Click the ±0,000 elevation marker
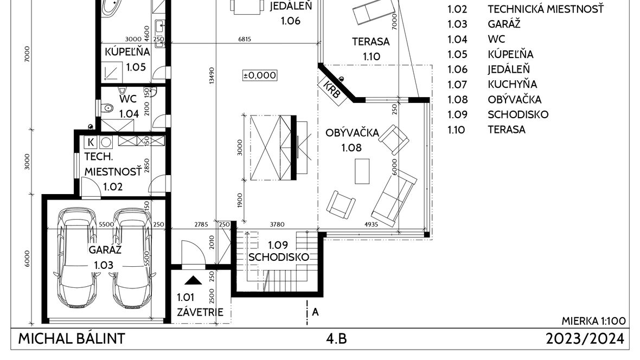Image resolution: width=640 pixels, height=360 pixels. coord(260,75)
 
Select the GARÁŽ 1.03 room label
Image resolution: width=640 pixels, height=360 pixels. coord(104,257)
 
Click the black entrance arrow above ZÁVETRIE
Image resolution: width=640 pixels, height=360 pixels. coord(193,280)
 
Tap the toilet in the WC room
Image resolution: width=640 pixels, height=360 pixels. coord(107,108)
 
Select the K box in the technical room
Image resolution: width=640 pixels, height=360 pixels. coord(91,142)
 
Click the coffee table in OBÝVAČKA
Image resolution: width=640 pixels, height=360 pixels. coord(362,171)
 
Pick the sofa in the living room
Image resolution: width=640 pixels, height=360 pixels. coord(394,198)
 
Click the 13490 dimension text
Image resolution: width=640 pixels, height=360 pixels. coord(212,75)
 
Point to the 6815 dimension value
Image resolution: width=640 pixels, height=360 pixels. coord(245,39)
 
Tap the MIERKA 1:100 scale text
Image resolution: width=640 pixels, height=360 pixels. coord(593,321)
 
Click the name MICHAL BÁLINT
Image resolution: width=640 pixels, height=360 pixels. coord(72,339)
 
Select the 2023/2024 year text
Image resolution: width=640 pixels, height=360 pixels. coord(585,339)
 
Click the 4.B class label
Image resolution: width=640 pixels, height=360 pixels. coord(336,339)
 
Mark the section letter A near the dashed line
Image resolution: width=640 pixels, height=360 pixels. coord(315,312)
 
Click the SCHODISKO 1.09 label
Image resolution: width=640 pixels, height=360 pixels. coord(278,251)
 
